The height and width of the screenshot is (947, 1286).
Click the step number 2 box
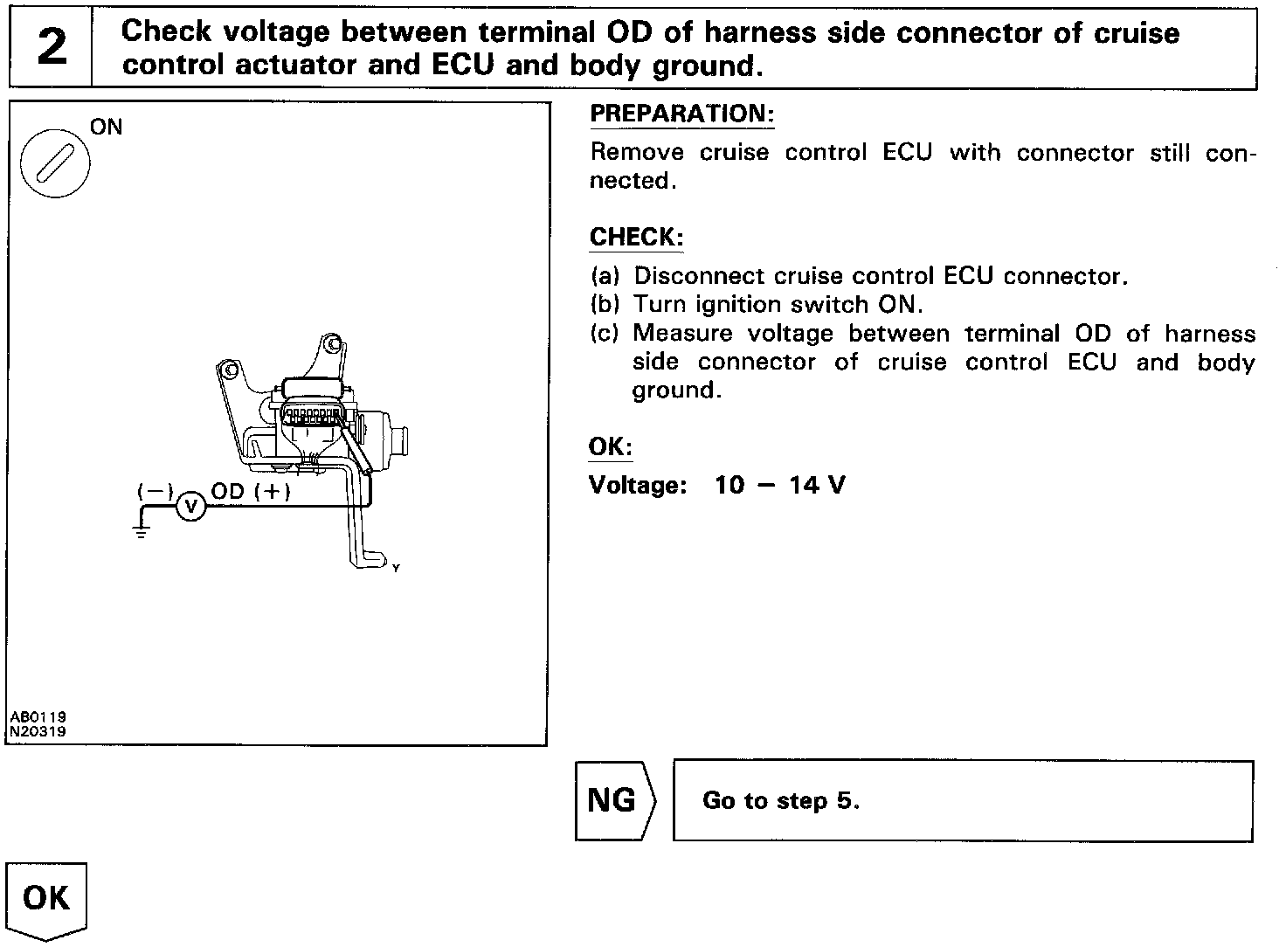(51, 47)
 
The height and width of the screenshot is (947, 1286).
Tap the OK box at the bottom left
(46, 898)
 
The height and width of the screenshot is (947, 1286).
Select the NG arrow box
(613, 800)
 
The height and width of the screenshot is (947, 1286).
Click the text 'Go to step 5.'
(780, 801)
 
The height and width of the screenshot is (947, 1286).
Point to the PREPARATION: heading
(682, 114)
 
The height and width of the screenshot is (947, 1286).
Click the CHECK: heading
(636, 238)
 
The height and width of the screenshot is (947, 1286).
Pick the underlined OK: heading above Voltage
(610, 447)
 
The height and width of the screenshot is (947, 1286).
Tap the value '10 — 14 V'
(779, 485)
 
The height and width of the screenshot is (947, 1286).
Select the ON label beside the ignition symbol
(107, 128)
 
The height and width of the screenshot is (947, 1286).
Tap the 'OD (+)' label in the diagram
(251, 491)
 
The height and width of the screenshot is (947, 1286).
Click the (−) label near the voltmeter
(156, 491)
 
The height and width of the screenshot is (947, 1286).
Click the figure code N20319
(38, 731)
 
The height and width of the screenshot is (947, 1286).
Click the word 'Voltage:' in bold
(638, 485)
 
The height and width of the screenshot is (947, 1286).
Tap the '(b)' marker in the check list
(605, 305)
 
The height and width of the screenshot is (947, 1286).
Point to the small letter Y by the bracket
(396, 569)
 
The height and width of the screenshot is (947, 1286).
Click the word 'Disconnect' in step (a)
(694, 276)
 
